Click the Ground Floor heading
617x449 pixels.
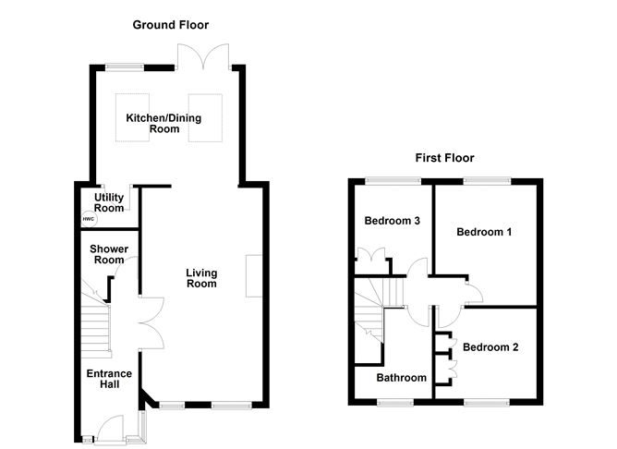(x=170, y=25)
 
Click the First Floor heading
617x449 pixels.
(x=444, y=158)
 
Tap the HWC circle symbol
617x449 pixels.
(x=89, y=219)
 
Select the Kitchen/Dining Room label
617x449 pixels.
(x=163, y=123)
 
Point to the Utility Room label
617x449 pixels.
(x=109, y=202)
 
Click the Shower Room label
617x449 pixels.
(x=109, y=254)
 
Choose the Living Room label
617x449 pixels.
(x=201, y=278)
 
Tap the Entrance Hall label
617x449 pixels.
(x=109, y=379)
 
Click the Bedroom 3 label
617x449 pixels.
(x=392, y=221)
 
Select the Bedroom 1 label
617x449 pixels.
(x=484, y=232)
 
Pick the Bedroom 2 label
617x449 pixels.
(x=490, y=347)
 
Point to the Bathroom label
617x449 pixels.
(x=402, y=377)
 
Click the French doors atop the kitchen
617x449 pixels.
(x=203, y=56)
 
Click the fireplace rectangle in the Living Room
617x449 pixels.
(x=254, y=276)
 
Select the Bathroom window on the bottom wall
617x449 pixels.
(x=395, y=402)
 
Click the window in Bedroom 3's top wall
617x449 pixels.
(x=393, y=181)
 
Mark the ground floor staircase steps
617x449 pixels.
(x=95, y=327)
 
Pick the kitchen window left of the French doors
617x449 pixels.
(x=125, y=67)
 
